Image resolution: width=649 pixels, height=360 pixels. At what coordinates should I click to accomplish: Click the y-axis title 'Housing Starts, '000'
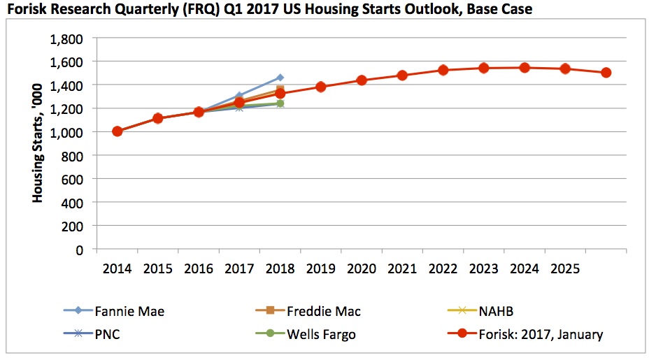pyautogui.click(x=38, y=143)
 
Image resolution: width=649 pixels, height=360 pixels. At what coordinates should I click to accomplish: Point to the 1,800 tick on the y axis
pyautogui.click(x=66, y=38)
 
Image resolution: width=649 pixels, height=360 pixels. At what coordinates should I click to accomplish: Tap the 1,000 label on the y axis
pyautogui.click(x=66, y=132)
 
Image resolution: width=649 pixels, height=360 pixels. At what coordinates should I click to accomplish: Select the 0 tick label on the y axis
pyautogui.click(x=79, y=250)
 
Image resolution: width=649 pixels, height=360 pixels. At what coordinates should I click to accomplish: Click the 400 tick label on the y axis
pyautogui.click(x=72, y=203)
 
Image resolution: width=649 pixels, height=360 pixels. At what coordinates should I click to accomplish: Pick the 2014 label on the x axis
pyautogui.click(x=117, y=268)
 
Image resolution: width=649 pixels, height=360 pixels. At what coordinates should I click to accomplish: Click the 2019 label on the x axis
pyautogui.click(x=321, y=268)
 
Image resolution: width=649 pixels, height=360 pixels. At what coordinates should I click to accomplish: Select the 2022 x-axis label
pyautogui.click(x=443, y=268)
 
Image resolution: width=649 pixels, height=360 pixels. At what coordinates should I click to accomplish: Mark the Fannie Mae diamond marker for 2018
pyautogui.click(x=280, y=78)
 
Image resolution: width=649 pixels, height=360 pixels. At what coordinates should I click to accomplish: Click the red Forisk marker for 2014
pyautogui.click(x=117, y=131)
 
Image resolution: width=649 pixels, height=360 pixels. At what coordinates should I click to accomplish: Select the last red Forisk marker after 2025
pyautogui.click(x=606, y=73)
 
